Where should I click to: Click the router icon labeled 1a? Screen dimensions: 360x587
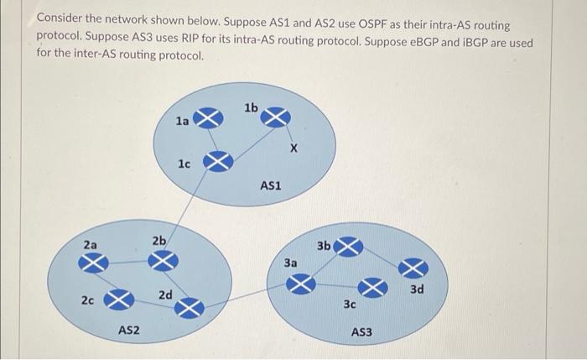tap(209, 120)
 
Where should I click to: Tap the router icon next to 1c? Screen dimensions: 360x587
tap(218, 161)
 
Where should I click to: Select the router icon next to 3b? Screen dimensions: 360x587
tap(349, 247)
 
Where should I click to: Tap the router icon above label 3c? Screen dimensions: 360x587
tap(375, 288)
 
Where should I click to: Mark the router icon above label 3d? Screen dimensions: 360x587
tap(413, 268)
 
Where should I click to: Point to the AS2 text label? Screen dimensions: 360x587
tap(128, 332)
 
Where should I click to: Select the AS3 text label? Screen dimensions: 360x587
tap(362, 333)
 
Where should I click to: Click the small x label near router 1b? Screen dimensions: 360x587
tap(293, 149)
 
